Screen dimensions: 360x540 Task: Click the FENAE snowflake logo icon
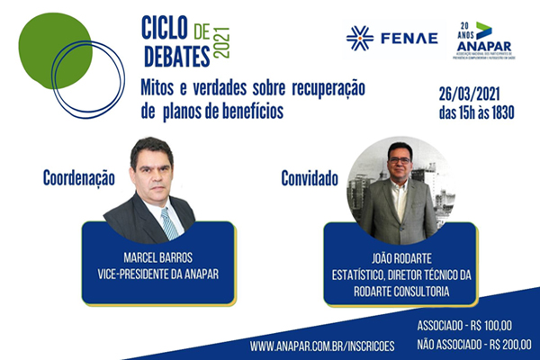point(360,38)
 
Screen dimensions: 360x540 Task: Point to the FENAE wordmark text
point(409,38)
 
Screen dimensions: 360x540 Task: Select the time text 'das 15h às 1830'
point(487,113)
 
